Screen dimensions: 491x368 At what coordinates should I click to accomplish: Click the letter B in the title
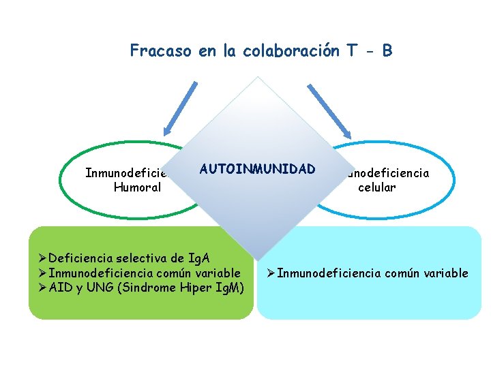387,50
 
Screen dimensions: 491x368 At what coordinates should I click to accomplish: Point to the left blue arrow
173,109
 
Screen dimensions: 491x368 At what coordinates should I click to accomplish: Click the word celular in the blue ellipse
376,187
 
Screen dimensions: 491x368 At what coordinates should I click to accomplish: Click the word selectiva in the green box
143,258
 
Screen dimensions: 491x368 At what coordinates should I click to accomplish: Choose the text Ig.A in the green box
200,258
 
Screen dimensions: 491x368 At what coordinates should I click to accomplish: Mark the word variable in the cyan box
446,273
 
